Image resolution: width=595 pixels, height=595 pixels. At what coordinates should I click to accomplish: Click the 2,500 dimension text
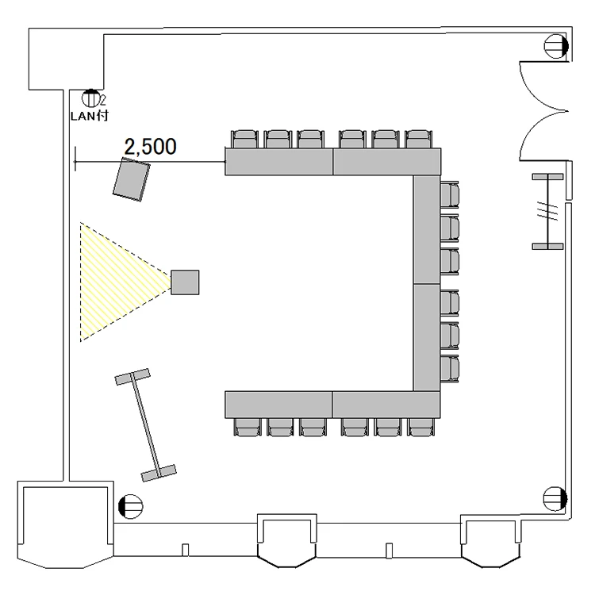[x=150, y=147]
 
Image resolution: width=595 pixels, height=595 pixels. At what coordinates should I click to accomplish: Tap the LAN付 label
[x=90, y=115]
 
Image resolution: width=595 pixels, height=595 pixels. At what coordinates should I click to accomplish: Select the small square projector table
[x=185, y=282]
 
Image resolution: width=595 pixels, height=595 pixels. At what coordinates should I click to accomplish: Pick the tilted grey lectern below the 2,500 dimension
[x=131, y=179]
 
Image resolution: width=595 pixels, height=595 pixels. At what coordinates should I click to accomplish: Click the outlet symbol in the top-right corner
[x=556, y=46]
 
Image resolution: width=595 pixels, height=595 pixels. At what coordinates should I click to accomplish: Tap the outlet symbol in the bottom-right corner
[x=555, y=499]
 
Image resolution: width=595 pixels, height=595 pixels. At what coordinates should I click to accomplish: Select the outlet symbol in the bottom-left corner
[x=131, y=506]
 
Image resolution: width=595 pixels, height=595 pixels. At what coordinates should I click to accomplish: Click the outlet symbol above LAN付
[x=90, y=98]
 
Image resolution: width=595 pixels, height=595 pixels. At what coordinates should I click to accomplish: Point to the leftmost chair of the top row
[x=245, y=140]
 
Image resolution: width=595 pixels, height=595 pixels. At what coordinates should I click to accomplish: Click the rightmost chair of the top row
[x=419, y=140]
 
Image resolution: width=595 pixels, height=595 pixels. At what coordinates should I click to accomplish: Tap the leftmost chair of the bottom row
[x=248, y=427]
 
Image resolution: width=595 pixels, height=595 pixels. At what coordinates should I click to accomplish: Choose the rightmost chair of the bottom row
[x=421, y=427]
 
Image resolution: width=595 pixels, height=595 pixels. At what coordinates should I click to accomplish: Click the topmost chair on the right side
[x=450, y=194]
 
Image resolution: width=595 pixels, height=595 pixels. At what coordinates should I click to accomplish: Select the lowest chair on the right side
[x=450, y=369]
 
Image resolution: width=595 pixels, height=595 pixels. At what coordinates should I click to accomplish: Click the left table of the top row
[x=279, y=162]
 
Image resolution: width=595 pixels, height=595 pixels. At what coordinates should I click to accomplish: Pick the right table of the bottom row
[x=386, y=405]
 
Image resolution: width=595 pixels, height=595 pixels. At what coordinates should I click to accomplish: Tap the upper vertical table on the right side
[x=427, y=229]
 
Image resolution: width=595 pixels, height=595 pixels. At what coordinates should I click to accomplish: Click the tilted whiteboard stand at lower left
[x=145, y=425]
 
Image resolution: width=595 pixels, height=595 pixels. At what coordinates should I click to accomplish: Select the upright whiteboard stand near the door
[x=548, y=211]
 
